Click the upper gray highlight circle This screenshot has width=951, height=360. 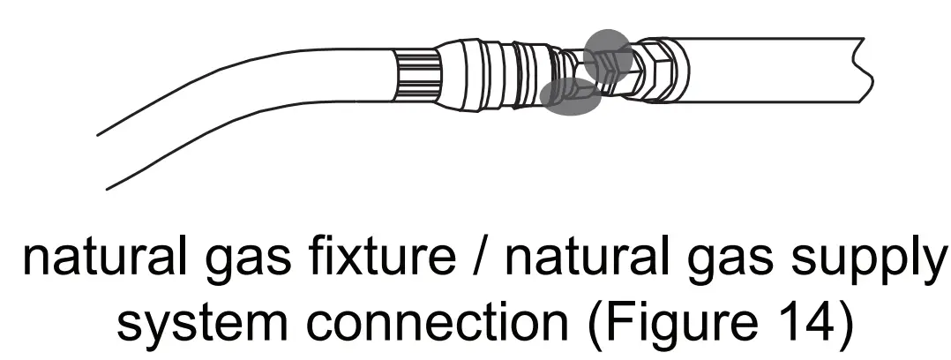tap(608, 52)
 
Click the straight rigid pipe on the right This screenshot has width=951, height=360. tap(768, 71)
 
